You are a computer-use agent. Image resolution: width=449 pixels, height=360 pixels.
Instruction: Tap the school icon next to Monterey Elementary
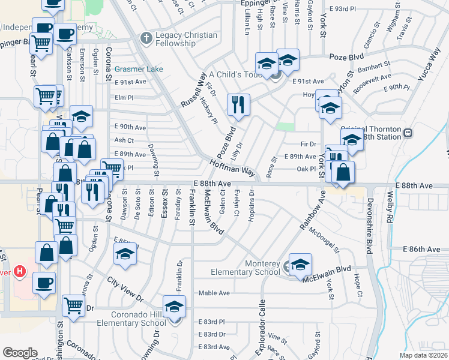(300, 264)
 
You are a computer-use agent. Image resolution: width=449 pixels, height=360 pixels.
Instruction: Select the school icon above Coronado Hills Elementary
(175, 307)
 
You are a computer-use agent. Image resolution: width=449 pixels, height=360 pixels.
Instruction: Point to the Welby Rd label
(389, 206)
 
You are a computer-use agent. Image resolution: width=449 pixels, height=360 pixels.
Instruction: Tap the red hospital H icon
(20, 271)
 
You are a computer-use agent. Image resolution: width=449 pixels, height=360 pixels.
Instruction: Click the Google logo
(20, 352)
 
